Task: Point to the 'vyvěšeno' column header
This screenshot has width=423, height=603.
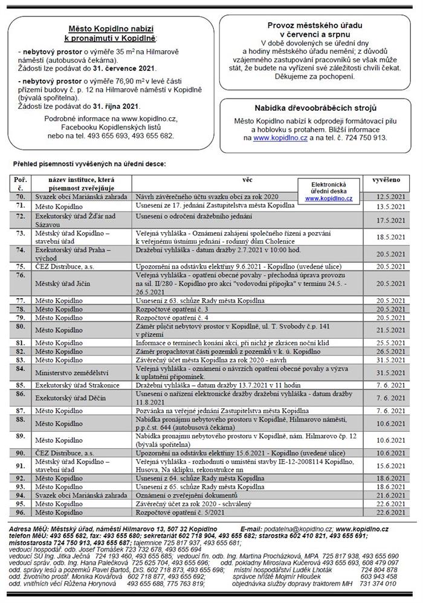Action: coord(384,180)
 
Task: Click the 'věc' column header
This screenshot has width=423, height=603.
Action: coord(247,180)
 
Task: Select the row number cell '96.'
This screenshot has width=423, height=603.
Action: coord(21,512)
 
